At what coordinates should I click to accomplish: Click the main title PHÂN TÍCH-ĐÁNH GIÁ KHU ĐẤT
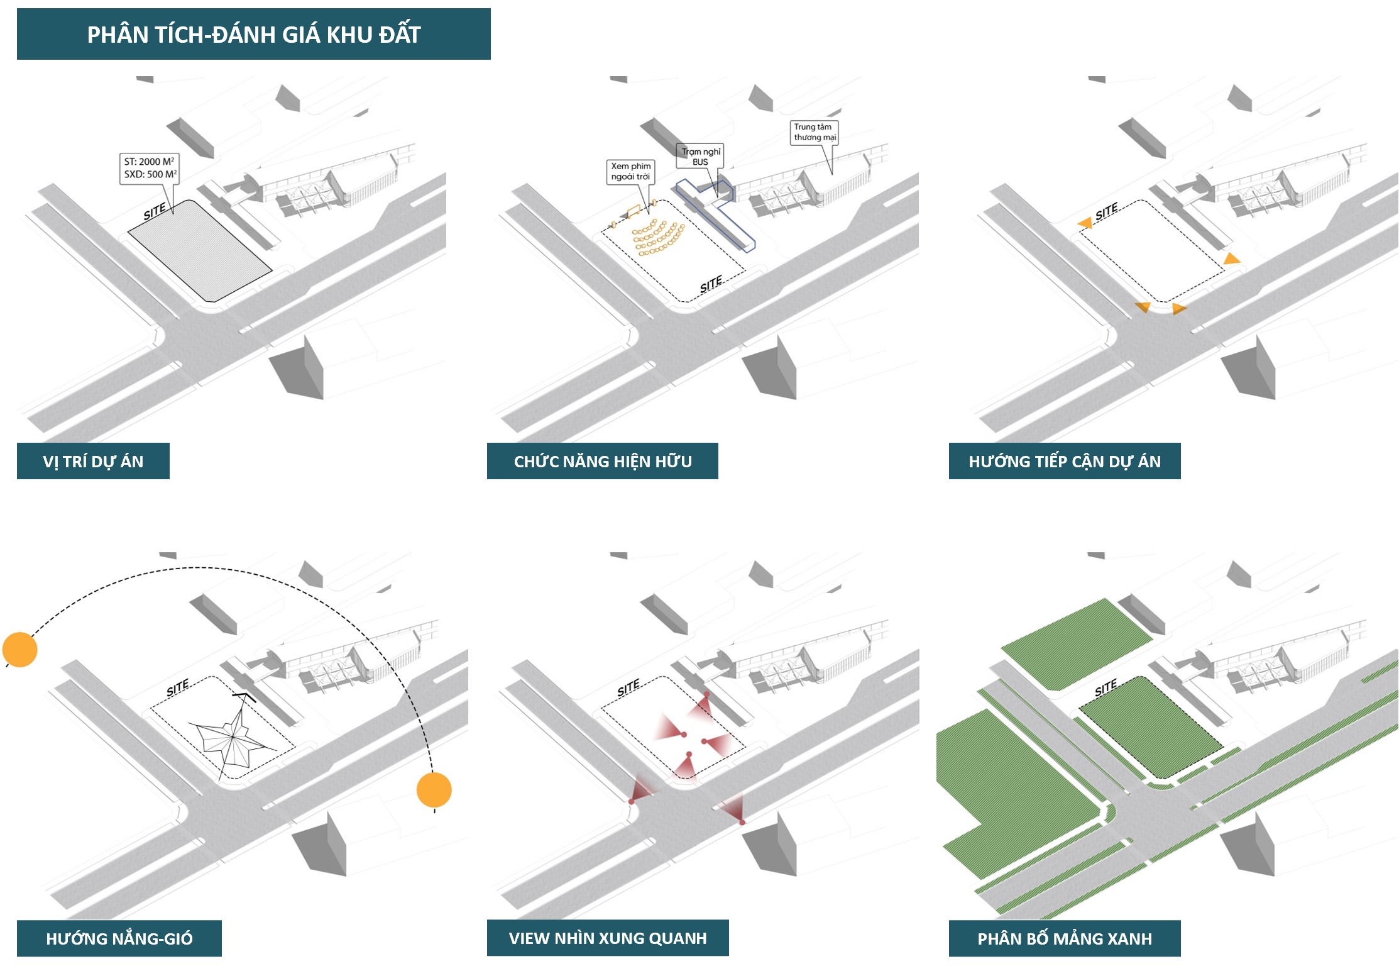pyautogui.click(x=253, y=34)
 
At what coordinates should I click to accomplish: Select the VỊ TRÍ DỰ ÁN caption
pyautogui.click(x=93, y=461)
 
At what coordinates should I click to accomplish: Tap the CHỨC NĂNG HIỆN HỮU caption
pyautogui.click(x=602, y=461)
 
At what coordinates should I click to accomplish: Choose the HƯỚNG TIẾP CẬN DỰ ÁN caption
pyautogui.click(x=1064, y=461)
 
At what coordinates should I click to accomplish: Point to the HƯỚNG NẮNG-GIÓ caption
pyautogui.click(x=119, y=938)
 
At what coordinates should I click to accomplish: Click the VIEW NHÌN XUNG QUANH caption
pyautogui.click(x=607, y=938)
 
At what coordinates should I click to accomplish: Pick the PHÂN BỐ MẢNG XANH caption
pyautogui.click(x=1064, y=938)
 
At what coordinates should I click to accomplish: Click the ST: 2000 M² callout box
pyautogui.click(x=150, y=168)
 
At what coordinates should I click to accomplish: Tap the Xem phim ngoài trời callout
pyautogui.click(x=630, y=171)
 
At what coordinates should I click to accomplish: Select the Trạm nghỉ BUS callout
pyautogui.click(x=700, y=157)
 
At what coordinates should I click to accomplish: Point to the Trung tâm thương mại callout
pyautogui.click(x=815, y=132)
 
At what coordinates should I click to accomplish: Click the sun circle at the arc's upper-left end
pyautogui.click(x=20, y=649)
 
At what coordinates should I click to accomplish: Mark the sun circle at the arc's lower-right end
pyautogui.click(x=434, y=790)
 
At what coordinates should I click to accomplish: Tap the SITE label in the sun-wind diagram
pyautogui.click(x=177, y=688)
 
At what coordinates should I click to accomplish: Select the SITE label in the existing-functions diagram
pyautogui.click(x=711, y=285)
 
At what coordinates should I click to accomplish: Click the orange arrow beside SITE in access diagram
pyautogui.click(x=1085, y=223)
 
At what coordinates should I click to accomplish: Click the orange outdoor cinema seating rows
pyautogui.click(x=657, y=238)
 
